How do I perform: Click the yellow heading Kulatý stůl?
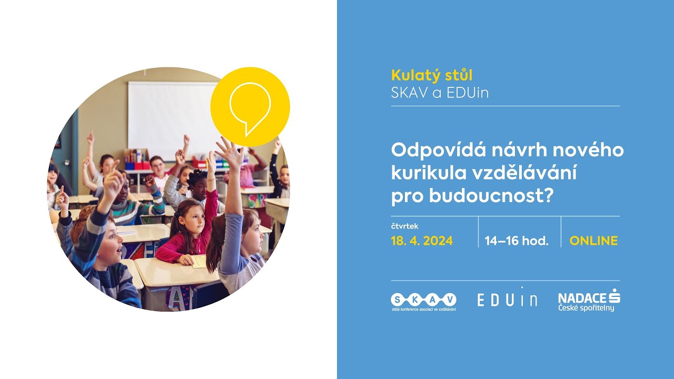pyautogui.click(x=432, y=75)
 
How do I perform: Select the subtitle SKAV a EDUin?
pyautogui.click(x=440, y=93)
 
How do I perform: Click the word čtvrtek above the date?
pyautogui.click(x=404, y=226)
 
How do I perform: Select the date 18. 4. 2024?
pyautogui.click(x=422, y=241)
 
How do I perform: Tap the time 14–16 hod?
pyautogui.click(x=517, y=241)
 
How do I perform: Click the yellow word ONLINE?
pyautogui.click(x=593, y=241)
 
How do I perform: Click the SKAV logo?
pyautogui.click(x=423, y=301)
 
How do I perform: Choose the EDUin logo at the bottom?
pyautogui.click(x=507, y=299)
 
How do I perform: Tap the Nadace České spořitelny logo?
pyautogui.click(x=589, y=300)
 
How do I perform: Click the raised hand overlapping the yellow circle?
pyautogui.click(x=230, y=152)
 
